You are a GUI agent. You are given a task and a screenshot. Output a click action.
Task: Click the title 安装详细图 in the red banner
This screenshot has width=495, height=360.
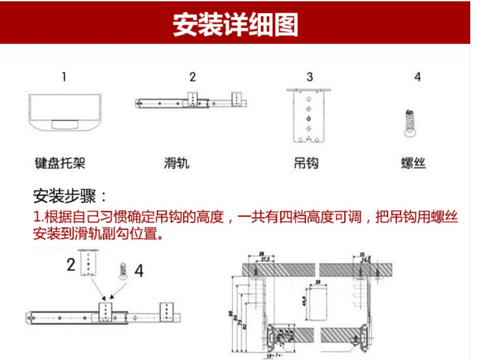(235, 24)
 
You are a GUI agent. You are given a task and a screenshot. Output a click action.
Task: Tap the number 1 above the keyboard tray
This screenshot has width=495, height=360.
(64, 77)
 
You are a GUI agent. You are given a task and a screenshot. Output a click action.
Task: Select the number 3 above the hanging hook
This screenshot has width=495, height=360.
(310, 77)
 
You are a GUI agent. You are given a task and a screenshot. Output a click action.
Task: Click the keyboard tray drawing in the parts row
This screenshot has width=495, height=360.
(65, 112)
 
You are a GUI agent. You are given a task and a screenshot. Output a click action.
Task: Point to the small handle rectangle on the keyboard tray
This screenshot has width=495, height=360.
(65, 124)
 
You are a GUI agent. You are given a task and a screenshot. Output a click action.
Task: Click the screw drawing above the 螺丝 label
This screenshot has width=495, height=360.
(410, 123)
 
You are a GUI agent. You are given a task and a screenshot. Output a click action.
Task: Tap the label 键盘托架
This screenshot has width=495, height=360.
(60, 163)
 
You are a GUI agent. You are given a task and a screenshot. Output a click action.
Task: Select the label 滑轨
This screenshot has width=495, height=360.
(177, 163)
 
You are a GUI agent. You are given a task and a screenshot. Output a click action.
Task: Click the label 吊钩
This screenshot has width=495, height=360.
(306, 163)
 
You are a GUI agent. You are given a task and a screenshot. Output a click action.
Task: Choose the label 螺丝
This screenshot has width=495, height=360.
(413, 163)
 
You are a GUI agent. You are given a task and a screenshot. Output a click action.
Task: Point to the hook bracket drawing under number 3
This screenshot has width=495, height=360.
(309, 115)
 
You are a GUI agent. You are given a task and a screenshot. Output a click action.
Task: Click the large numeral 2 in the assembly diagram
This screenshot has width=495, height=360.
(71, 265)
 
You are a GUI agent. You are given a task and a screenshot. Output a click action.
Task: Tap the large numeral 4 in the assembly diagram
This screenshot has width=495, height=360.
(139, 271)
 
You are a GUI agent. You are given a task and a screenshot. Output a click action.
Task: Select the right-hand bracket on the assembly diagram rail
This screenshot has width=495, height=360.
(166, 312)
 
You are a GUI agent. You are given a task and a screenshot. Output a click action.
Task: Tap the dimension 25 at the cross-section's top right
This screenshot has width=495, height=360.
(362, 255)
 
